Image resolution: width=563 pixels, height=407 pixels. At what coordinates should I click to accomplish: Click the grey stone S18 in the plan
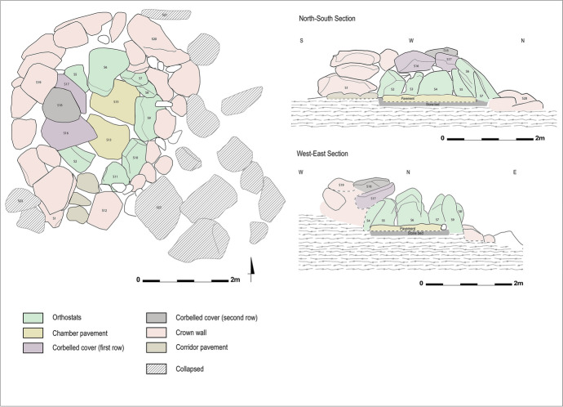tap(60, 105)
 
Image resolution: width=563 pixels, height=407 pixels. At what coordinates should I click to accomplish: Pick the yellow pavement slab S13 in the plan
tap(108, 139)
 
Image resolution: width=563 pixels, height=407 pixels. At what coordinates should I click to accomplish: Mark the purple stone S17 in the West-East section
tap(372, 199)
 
